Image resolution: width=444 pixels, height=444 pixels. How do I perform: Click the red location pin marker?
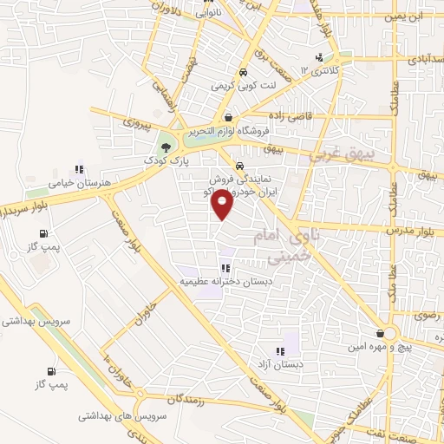[x=223, y=203]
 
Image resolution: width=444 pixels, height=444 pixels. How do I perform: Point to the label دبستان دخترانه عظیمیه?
[x=225, y=282]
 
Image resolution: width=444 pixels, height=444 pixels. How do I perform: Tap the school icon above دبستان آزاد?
[x=279, y=351]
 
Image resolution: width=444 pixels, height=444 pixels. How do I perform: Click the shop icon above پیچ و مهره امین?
[x=381, y=332]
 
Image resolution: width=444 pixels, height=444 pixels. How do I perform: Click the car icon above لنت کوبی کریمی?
[x=244, y=72]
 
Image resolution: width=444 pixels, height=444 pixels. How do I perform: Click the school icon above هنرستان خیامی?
[x=78, y=169]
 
